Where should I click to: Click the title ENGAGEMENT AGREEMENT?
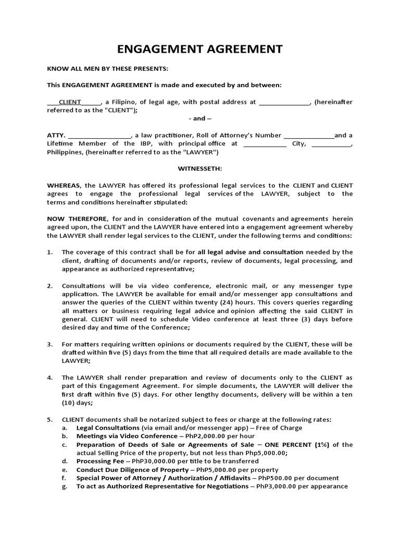(x=200, y=50)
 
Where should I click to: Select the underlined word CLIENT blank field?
(x=74, y=102)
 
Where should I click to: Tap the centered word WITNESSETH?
(x=200, y=169)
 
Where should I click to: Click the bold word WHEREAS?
(x=64, y=186)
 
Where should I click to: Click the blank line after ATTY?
(x=99, y=136)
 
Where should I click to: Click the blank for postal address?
(x=284, y=102)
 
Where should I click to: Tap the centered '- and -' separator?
(x=199, y=119)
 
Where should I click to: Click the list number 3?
(x=50, y=345)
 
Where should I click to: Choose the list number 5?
(x=50, y=420)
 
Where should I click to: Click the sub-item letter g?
(x=65, y=487)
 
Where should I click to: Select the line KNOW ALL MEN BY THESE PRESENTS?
(x=108, y=69)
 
